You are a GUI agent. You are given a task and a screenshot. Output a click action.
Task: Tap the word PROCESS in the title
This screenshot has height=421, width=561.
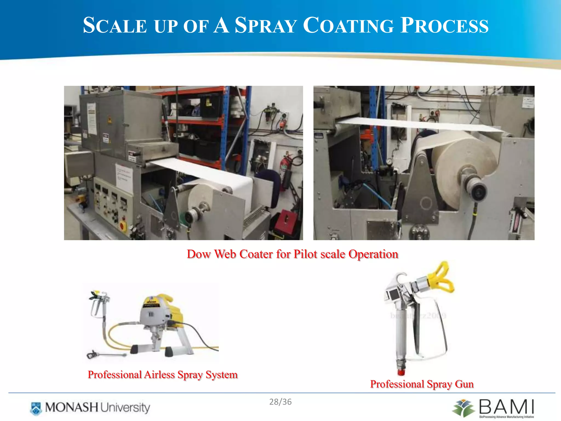444,25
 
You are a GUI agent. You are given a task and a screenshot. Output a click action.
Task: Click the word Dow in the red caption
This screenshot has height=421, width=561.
199,254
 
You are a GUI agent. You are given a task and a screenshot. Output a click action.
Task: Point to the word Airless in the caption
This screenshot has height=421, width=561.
159,375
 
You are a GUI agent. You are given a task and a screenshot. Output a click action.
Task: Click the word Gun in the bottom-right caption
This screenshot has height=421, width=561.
464,384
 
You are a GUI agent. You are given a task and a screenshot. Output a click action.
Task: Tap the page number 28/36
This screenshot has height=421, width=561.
280,402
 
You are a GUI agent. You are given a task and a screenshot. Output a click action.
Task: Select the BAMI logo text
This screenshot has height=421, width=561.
506,407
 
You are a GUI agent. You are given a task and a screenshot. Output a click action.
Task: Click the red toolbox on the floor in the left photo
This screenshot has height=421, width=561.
285,222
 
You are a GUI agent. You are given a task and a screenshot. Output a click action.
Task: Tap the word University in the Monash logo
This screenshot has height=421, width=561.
125,408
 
